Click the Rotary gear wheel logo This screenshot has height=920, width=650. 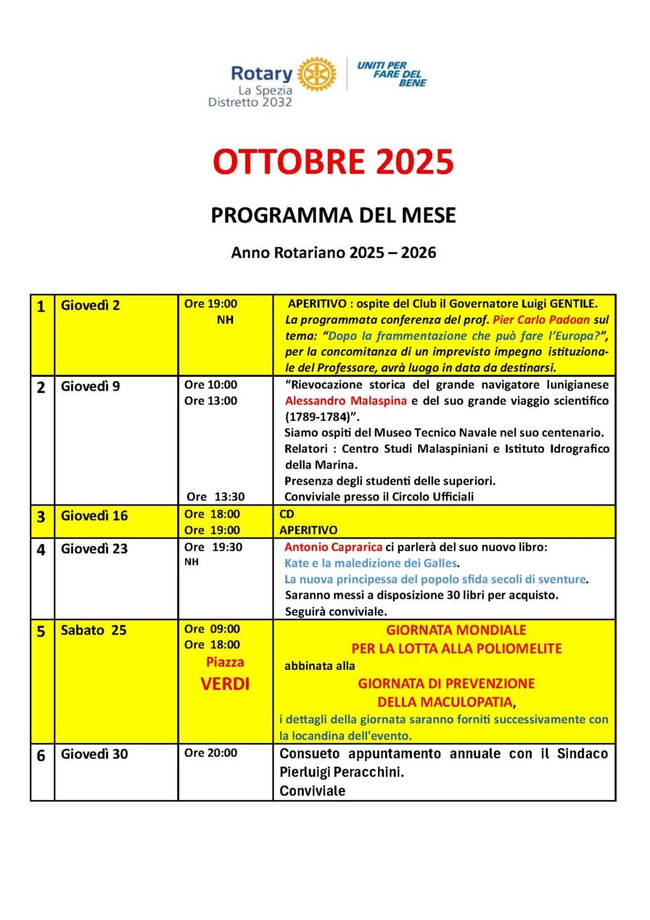tap(317, 73)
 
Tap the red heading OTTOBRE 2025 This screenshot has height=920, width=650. tap(333, 161)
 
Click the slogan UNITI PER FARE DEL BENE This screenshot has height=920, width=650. tap(392, 73)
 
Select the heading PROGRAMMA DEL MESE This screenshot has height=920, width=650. tap(333, 216)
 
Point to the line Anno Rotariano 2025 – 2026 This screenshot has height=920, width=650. tap(333, 253)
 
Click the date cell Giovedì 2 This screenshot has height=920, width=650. tap(91, 306)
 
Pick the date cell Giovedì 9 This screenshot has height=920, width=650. tap(91, 386)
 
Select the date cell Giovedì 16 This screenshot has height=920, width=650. tap(94, 516)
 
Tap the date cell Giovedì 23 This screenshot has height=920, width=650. tap(94, 549)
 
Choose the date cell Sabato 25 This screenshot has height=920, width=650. tap(94, 630)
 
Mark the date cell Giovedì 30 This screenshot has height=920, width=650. tap(94, 754)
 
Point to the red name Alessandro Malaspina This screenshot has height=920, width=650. tap(335, 401)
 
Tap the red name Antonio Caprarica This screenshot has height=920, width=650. tap(326, 547)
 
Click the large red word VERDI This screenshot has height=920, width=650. tap(225, 684)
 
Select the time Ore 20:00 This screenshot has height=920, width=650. tap(210, 753)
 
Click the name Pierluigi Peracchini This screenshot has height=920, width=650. tap(342, 773)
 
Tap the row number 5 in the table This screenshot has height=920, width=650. tap(41, 631)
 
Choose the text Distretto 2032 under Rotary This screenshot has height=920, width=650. tap(250, 102)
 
